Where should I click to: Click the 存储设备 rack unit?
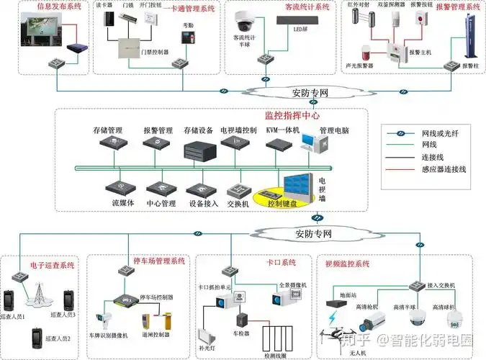(x=199, y=150)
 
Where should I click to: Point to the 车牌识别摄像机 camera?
(x=108, y=318)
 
